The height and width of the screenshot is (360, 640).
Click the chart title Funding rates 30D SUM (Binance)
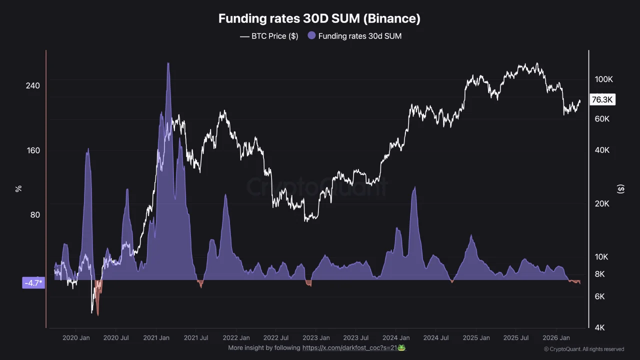319,19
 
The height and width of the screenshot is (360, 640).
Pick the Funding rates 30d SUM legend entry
354,36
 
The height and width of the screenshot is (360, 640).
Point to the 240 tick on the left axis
33,85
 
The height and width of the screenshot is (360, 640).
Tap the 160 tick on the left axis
33,150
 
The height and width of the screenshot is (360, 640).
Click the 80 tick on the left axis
33,215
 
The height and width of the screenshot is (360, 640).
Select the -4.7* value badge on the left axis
33,283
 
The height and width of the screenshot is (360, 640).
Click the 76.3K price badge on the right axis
602,100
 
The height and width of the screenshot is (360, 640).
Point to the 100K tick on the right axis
603,79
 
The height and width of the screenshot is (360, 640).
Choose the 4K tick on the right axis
599,327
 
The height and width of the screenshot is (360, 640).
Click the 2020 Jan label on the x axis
76,338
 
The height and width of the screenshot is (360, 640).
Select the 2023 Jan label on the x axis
316,338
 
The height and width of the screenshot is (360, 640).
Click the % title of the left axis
18,188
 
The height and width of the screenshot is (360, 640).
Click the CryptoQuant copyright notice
584,349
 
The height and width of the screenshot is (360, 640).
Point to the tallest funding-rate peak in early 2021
168,63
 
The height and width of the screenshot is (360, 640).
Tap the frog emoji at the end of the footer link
401,347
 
